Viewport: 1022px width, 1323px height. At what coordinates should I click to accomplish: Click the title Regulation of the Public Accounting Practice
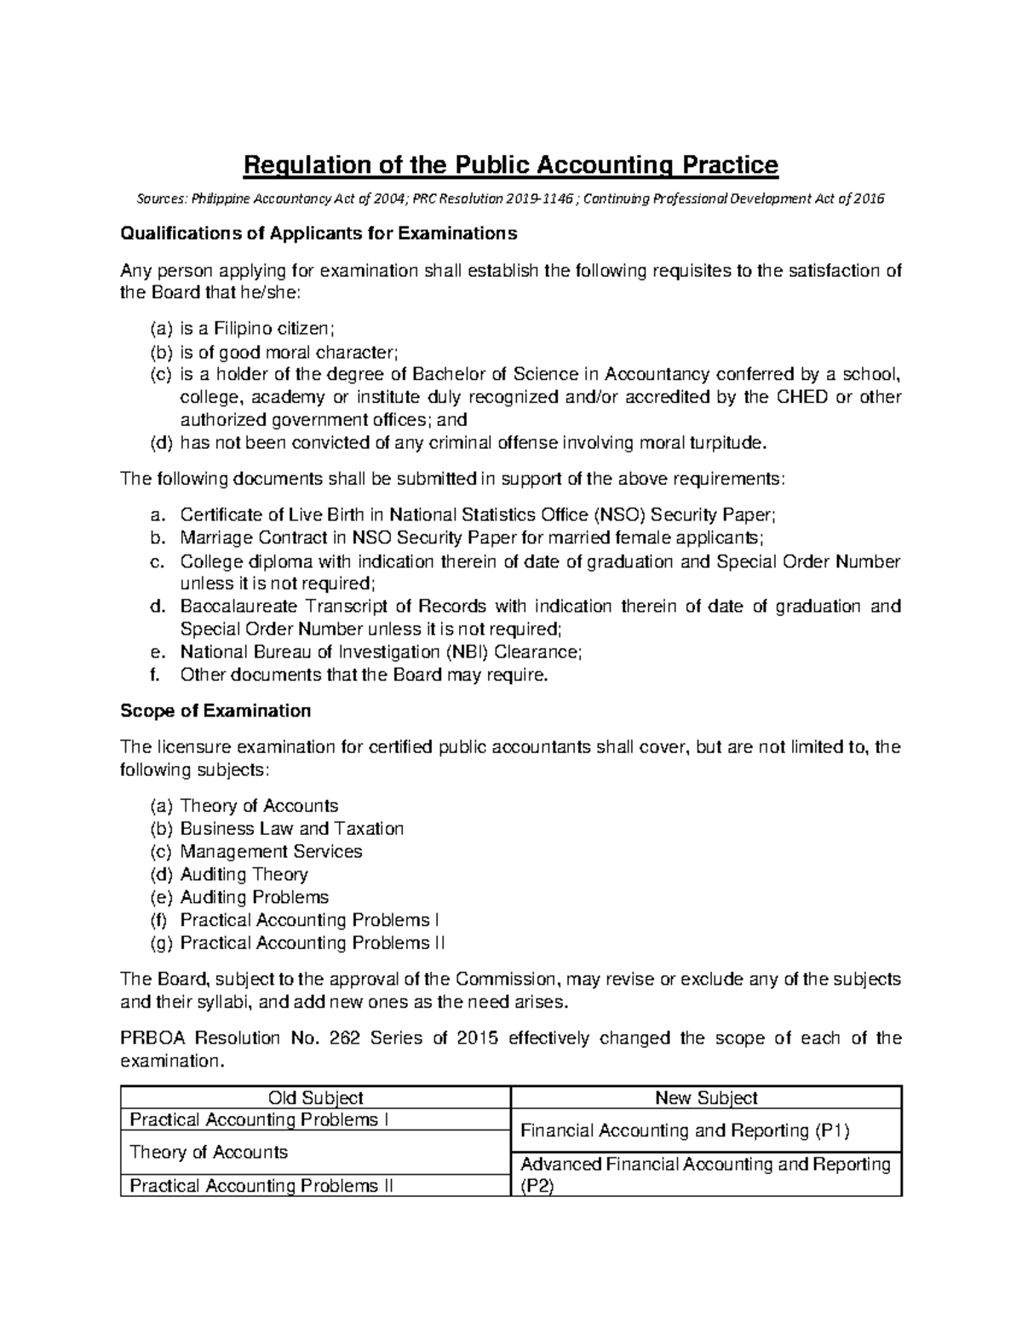[x=511, y=164]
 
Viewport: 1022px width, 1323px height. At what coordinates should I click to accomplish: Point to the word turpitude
[x=725, y=443]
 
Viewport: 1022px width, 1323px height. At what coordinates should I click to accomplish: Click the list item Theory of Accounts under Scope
[x=259, y=806]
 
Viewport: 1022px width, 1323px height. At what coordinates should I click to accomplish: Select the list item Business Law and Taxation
[x=291, y=829]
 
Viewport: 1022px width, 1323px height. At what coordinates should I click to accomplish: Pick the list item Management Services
[x=271, y=852]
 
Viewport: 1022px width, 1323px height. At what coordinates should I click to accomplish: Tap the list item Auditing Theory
[x=244, y=875]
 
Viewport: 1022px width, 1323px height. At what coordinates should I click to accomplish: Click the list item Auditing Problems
[x=254, y=898]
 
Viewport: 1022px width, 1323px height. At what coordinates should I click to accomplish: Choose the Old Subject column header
[x=315, y=1099]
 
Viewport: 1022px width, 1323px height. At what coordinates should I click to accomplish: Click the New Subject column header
[x=706, y=1099]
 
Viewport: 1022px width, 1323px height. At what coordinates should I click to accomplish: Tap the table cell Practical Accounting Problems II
[x=261, y=1186]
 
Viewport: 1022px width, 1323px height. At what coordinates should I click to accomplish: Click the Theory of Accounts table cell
[x=208, y=1153]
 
